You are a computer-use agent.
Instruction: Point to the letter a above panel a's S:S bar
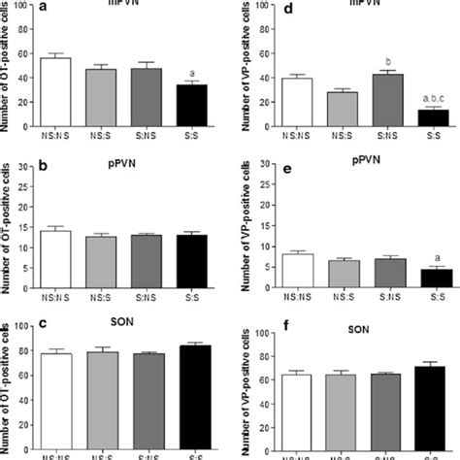(194, 71)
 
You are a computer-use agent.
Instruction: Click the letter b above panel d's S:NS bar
(386, 59)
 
